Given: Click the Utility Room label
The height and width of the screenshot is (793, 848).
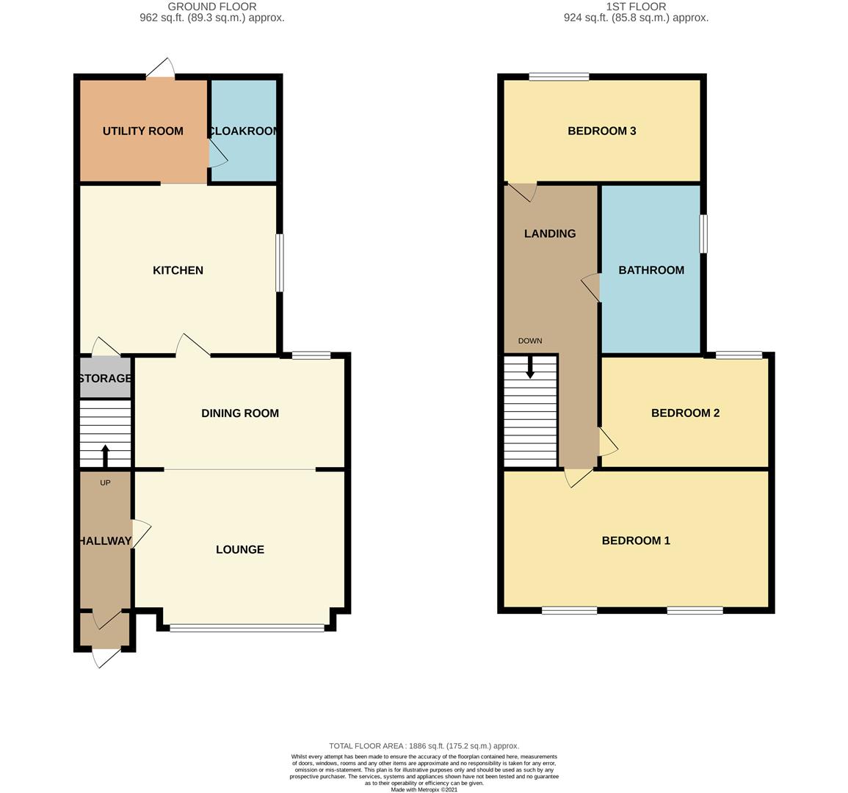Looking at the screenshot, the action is (142, 131).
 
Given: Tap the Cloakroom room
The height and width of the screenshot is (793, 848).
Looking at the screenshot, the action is (243, 131).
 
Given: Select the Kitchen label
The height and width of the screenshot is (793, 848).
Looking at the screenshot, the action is (178, 270).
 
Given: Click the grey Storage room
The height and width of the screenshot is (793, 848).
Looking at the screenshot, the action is (106, 377).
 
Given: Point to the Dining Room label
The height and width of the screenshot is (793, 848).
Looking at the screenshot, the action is (240, 413).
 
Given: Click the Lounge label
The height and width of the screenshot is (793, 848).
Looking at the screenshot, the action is (240, 549).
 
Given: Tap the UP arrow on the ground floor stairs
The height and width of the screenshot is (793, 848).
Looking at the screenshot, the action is (106, 455).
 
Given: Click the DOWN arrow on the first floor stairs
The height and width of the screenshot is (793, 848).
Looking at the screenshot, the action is (531, 366).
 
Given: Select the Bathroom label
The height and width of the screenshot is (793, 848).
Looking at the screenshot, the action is (651, 270).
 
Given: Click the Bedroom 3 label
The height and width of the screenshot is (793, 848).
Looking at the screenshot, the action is (602, 131).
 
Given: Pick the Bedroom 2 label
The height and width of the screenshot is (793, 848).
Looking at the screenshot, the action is (685, 413).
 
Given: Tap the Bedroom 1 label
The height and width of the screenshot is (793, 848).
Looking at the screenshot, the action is (636, 540).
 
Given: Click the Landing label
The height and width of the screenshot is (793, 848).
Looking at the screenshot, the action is (550, 233).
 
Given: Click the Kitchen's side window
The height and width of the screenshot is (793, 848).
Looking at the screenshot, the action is (280, 263).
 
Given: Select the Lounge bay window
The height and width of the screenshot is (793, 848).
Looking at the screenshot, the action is (247, 628).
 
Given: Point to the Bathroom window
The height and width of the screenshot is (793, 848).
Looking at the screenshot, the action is (703, 233).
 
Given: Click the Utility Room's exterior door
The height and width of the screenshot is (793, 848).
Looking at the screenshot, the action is (160, 69).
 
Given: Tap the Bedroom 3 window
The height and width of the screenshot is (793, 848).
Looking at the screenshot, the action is (559, 77).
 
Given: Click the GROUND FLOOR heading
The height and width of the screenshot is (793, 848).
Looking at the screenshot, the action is (212, 7).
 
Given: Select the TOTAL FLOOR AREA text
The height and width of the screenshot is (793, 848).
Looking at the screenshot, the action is (424, 746).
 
